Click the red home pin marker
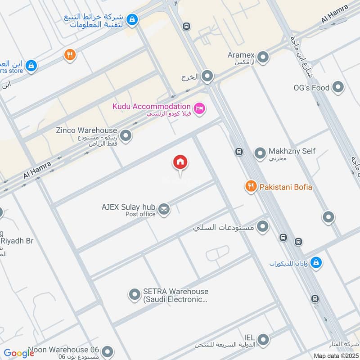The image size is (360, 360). click(180, 162)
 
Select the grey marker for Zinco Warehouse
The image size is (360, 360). click(126, 135)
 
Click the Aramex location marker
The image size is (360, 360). click(263, 57)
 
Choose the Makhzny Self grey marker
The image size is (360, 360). click(260, 153)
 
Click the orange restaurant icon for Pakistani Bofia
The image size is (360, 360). click(250, 186)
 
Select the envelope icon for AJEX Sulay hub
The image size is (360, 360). click(164, 209)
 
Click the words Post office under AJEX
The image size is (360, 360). click(140, 214)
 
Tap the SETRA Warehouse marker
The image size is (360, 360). click(134, 295)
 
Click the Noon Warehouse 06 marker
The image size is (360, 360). click(107, 351)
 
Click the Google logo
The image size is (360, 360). click(19, 353)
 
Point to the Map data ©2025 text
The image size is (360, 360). click(335, 355)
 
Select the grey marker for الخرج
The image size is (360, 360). click(207, 76)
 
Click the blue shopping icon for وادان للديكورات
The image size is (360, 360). click(316, 262)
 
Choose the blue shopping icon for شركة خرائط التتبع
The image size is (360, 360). click(132, 19)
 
